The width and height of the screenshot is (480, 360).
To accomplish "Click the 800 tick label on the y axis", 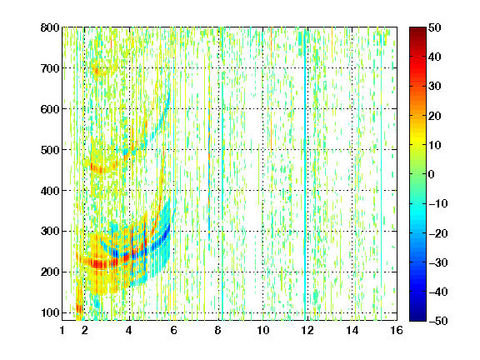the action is point(50,27).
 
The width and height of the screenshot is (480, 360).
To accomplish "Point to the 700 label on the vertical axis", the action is point(50,68).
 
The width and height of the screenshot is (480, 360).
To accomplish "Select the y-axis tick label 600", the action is point(50,109).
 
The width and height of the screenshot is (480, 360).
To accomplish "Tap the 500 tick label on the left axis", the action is point(50,150).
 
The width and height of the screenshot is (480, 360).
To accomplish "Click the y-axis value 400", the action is point(50,191).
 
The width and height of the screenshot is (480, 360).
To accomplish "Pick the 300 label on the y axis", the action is point(50,232).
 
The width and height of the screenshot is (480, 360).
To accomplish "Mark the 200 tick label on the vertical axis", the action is point(50,272).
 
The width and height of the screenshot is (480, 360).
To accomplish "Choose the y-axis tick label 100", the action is point(50,312).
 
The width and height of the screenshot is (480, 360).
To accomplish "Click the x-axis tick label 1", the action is point(62,330).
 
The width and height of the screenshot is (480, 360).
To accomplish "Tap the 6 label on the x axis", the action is point(173,330).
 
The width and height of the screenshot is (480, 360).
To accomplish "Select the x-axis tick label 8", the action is point(217,330).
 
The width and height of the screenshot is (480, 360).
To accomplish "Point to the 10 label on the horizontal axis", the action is point(263,330).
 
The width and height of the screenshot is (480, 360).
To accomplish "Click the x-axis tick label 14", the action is point(352,330).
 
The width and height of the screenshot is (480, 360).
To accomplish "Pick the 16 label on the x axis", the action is point(397,330).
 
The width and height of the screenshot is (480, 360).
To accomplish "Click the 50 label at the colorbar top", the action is point(434,27).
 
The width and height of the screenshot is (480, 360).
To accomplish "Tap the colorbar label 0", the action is point(431,174).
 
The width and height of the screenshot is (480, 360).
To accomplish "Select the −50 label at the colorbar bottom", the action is point(438,321).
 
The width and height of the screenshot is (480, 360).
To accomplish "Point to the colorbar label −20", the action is point(438,233).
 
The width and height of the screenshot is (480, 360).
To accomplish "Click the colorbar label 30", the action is point(434,87).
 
